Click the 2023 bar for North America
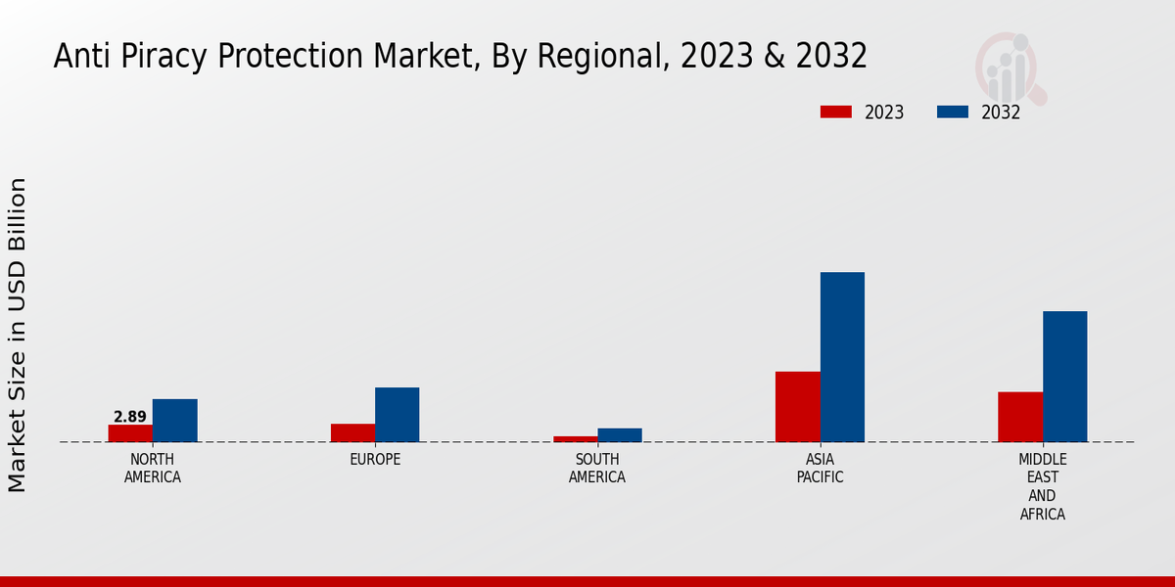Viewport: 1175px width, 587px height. tap(130, 432)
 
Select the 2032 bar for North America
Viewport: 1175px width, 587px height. tap(174, 420)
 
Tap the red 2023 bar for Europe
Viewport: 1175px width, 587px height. tap(352, 432)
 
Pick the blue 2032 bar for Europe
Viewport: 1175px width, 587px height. tap(397, 414)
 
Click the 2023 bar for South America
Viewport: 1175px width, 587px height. tap(575, 438)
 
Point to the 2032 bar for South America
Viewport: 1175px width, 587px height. tap(620, 434)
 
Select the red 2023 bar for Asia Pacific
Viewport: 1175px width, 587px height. tap(797, 406)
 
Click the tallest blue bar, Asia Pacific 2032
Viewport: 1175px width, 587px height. tap(842, 356)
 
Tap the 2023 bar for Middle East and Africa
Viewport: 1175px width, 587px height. tap(1020, 417)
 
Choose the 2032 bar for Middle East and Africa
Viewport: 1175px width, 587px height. tap(1064, 376)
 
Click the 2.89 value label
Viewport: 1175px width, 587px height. tap(130, 417)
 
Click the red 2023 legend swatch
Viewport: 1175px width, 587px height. tap(836, 112)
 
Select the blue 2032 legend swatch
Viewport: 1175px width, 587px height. tap(953, 112)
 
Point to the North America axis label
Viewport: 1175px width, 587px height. tap(152, 469)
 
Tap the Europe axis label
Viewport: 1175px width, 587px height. tap(375, 460)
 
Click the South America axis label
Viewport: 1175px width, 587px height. tap(597, 469)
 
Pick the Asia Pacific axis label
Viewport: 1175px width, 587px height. tap(820, 469)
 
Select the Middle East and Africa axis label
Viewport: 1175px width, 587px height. tap(1042, 486)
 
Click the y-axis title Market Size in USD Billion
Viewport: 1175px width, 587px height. tap(18, 335)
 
